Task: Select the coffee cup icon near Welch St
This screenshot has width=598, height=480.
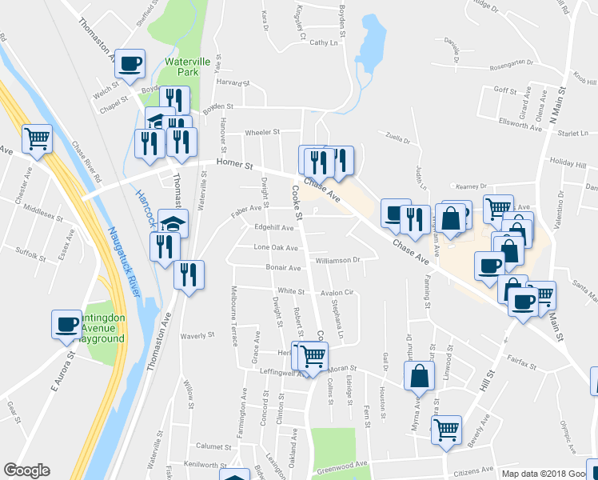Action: coord(130,63)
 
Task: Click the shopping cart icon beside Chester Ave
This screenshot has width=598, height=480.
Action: coord(37,138)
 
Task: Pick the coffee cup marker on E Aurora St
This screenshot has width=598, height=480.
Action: coord(66,324)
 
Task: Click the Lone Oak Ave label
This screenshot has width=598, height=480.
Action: coord(277,247)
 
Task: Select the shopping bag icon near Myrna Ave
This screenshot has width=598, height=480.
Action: coord(419,375)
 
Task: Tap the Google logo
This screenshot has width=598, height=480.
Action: coord(26,470)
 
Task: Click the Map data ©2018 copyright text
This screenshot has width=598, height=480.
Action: coord(548,474)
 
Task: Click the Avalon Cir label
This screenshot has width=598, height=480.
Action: coord(337,293)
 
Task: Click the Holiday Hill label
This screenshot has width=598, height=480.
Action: coord(568,161)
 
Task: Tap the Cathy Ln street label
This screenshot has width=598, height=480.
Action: coord(323,42)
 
